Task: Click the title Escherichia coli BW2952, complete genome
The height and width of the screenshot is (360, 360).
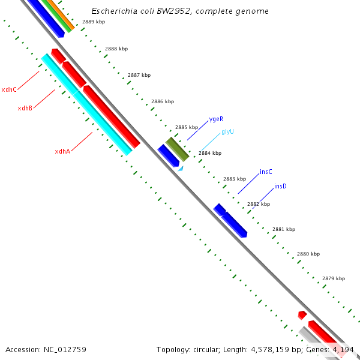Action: coord(180,11)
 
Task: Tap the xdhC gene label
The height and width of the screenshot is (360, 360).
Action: coord(9,89)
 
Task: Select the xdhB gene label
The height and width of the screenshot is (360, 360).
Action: coord(25,108)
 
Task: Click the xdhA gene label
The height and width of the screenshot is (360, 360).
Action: coord(62,151)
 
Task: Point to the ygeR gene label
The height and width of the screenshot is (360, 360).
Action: coord(216,119)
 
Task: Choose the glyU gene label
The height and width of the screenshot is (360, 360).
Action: coord(227,131)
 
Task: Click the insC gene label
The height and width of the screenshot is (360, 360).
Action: coord(266,172)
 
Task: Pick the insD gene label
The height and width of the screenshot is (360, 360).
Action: coord(280,186)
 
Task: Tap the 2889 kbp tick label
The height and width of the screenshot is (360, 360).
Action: coord(94,22)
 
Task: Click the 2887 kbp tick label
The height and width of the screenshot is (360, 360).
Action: coord(139,75)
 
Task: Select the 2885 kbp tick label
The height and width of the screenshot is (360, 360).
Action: coord(187,127)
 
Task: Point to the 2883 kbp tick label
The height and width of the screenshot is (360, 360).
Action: coord(235,179)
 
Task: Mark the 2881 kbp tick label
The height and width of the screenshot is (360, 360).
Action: coord(284,229)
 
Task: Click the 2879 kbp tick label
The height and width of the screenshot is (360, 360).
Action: coord(334,278)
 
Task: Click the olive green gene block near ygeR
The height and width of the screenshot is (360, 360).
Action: coord(178,149)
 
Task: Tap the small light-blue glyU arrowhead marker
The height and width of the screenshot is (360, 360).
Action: coord(180,169)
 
